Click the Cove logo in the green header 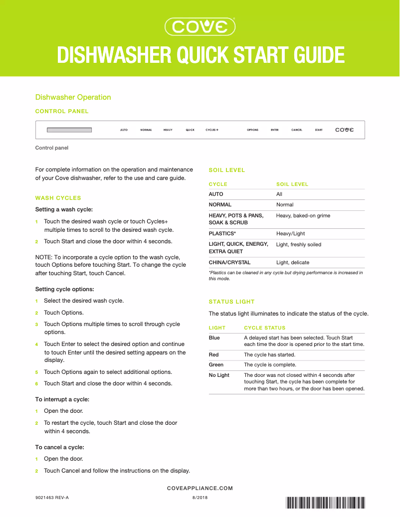pyautogui.click(x=200, y=26)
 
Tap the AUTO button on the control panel pyautogui.click(x=124, y=130)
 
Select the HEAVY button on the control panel pyautogui.click(x=168, y=130)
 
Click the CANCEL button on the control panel pyautogui.click(x=297, y=130)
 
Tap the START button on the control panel pyautogui.click(x=319, y=130)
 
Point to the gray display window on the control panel pyautogui.click(x=69, y=130)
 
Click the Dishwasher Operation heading pyautogui.click(x=73, y=97)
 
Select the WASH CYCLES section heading pyautogui.click(x=58, y=198)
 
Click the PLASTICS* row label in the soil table pyautogui.click(x=222, y=233)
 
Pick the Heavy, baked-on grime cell pyautogui.click(x=303, y=215)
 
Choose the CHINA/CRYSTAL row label pyautogui.click(x=229, y=262)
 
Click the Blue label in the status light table pyautogui.click(x=214, y=338)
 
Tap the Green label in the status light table pyautogui.click(x=216, y=365)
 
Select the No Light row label pyautogui.click(x=219, y=375)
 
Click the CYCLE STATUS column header pyautogui.click(x=264, y=328)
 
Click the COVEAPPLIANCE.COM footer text pyautogui.click(x=200, y=489)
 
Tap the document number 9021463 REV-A pyautogui.click(x=52, y=498)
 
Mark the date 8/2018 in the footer pyautogui.click(x=200, y=498)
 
